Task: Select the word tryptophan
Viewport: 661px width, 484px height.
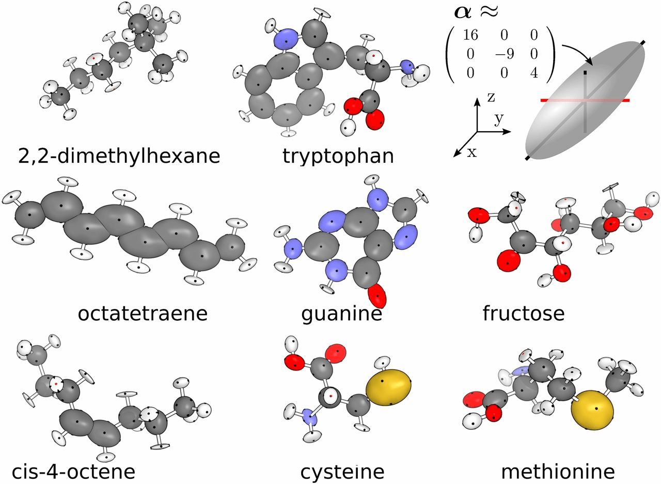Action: pos(338,155)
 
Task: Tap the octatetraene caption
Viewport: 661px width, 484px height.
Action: pos(143,313)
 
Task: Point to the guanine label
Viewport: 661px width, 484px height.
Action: pos(342,313)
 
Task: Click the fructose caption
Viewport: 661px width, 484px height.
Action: pos(524,313)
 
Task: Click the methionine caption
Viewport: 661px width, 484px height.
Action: pos(558,472)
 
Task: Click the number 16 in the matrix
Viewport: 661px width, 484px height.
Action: pos(470,35)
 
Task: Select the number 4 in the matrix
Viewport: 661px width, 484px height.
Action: pos(533,73)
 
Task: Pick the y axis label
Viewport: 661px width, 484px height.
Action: pos(499,120)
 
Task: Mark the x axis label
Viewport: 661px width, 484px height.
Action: pos(471,153)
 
